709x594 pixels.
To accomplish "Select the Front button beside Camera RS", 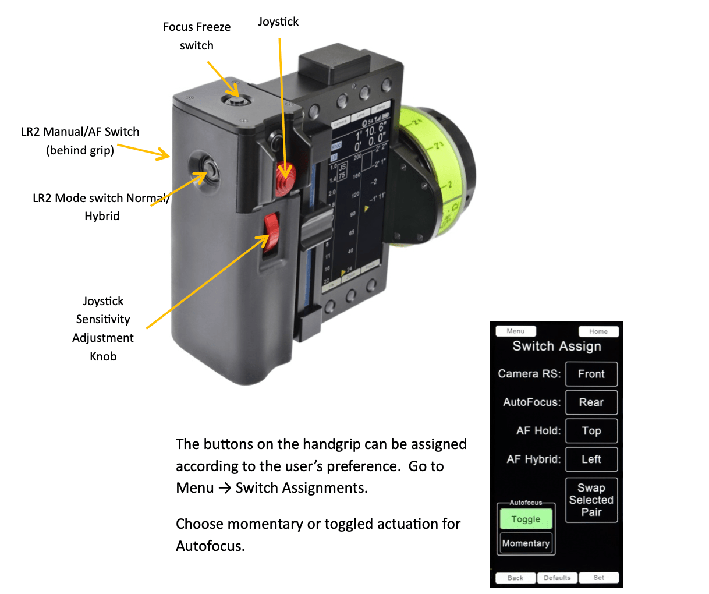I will click(x=591, y=374).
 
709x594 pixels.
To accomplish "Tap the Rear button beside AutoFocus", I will click(x=591, y=402).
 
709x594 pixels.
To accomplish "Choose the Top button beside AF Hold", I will click(x=591, y=431).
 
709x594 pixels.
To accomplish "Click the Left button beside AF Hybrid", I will click(x=591, y=459).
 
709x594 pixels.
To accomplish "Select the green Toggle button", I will click(x=526, y=519).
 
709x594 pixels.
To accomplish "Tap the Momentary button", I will click(x=526, y=543).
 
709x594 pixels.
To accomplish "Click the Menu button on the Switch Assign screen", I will click(x=515, y=331).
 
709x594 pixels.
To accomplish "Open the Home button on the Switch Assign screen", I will click(x=598, y=331).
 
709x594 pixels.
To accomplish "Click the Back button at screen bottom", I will click(x=515, y=578).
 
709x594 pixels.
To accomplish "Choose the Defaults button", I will click(x=557, y=578).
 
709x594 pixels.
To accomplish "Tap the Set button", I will click(x=598, y=578).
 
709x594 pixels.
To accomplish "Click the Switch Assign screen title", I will click(x=556, y=346).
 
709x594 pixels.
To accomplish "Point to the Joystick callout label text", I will click(x=278, y=22).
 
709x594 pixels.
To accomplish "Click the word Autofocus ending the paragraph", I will click(x=210, y=546).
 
